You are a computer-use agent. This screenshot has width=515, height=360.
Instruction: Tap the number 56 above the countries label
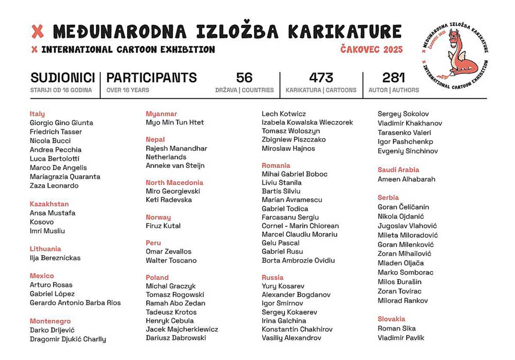tap(244, 78)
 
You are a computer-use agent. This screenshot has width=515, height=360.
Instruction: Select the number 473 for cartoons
tap(321, 78)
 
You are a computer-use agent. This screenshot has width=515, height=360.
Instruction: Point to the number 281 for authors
tap(394, 78)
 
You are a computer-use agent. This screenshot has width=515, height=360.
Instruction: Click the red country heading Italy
tap(37, 114)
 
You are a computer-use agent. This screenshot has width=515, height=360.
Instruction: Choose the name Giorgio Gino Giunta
tap(61, 123)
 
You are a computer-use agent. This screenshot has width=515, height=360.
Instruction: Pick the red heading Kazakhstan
tap(49, 204)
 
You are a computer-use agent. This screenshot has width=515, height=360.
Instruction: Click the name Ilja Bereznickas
tap(55, 258)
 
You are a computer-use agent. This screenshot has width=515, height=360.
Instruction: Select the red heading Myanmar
tap(161, 114)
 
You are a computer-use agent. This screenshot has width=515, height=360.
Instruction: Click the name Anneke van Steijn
tap(175, 165)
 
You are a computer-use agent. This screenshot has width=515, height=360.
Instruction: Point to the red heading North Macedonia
tap(174, 182)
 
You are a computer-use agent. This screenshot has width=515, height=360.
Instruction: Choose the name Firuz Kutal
tap(163, 226)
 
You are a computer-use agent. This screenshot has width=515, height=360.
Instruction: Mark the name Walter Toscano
tap(171, 260)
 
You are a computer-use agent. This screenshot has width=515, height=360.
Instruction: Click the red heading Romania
tap(276, 165)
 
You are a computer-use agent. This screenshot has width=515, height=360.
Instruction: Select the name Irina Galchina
tap(284, 320)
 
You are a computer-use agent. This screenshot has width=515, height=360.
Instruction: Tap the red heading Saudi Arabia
tap(398, 169)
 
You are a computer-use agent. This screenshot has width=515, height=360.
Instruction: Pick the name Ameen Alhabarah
tap(406, 179)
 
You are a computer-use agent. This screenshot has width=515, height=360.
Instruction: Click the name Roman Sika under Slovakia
tap(397, 328)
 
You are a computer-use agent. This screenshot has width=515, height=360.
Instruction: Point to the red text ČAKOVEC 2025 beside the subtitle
tap(371, 49)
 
